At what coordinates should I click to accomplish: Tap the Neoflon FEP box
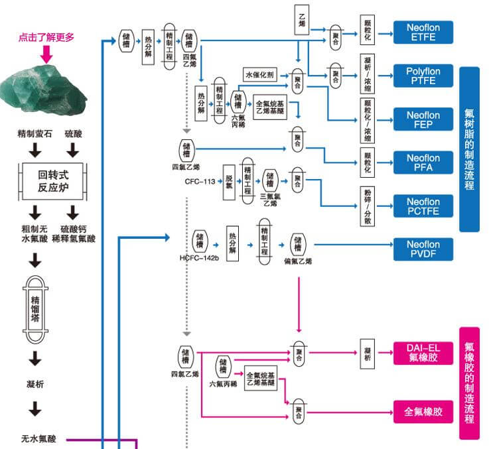coord(423,119)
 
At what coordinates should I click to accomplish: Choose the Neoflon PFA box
coord(423,162)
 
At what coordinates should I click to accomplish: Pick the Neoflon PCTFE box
coord(423,206)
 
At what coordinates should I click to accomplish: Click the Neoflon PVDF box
coord(423,249)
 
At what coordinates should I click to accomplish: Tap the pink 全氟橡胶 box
coord(423,412)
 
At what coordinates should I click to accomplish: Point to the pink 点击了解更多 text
coord(46,37)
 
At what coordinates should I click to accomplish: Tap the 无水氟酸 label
coord(38,438)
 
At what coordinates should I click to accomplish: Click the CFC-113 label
coord(200,181)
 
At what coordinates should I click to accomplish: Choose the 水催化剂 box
coord(264,74)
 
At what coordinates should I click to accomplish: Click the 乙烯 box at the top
coord(302,19)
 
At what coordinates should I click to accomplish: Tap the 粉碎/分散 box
coord(368,206)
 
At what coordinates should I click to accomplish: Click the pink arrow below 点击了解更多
coord(46,53)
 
